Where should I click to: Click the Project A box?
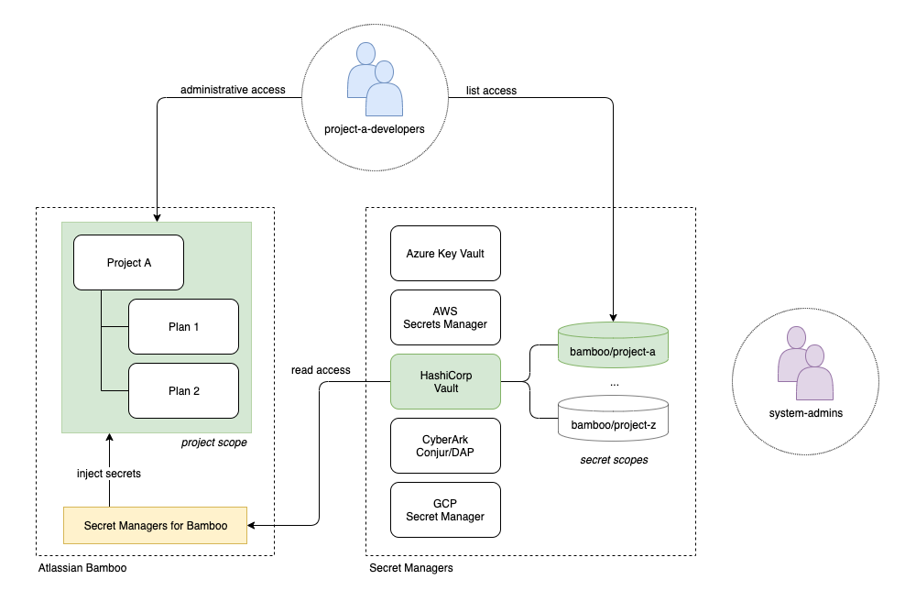tap(128, 262)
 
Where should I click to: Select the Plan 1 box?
tap(183, 326)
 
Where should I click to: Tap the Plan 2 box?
tap(183, 390)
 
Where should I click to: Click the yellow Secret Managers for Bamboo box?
tap(156, 525)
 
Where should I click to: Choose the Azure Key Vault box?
tap(445, 254)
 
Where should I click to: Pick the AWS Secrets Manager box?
tap(445, 318)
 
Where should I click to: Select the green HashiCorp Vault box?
tap(445, 381)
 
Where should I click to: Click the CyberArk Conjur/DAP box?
tap(445, 445)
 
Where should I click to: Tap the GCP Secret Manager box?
tap(445, 510)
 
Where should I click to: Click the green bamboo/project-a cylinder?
tap(613, 345)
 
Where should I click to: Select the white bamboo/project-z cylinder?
tap(613, 418)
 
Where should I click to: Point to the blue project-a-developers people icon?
tap(375, 80)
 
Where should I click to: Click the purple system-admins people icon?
tap(805, 364)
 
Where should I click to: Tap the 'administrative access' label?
tap(233, 90)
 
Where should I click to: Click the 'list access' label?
tap(491, 91)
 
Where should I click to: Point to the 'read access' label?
tap(321, 370)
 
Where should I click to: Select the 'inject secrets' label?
tap(109, 473)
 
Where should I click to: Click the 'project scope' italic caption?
tap(213, 443)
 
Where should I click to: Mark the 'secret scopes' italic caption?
tap(614, 460)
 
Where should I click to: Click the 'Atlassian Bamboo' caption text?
tap(82, 568)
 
